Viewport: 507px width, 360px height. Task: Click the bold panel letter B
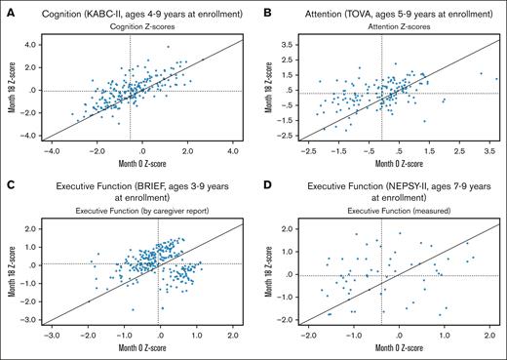265,10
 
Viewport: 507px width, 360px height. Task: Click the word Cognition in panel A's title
60,10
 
